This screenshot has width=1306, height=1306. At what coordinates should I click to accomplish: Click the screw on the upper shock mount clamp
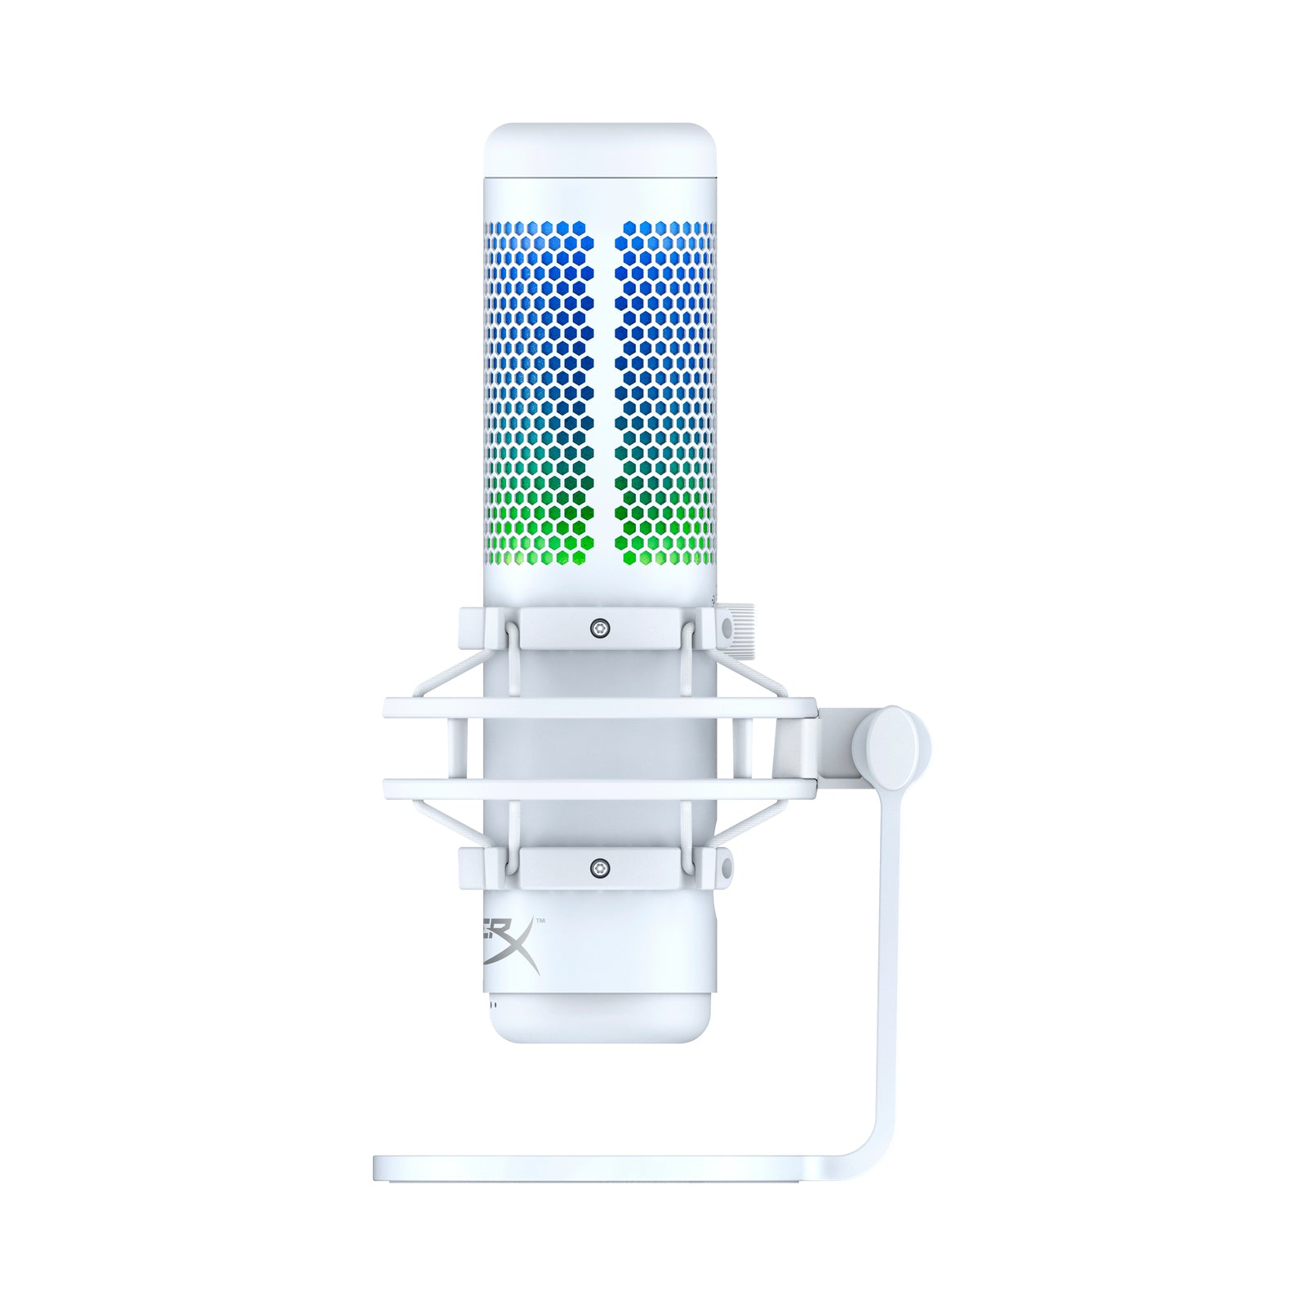(602, 628)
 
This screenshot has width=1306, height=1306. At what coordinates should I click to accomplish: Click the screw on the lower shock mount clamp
(602, 867)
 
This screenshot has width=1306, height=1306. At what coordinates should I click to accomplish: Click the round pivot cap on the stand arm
(891, 746)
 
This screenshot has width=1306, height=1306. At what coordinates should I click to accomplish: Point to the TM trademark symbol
(540, 921)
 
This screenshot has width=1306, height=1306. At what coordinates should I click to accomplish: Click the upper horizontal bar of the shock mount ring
(600, 708)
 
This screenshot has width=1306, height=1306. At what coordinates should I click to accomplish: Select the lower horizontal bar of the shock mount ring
(600, 788)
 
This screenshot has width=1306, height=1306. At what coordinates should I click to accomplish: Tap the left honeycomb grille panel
(539, 392)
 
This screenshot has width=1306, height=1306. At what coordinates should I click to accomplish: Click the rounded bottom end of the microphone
(601, 1024)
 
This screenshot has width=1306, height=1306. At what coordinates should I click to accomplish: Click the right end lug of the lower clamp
(723, 867)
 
